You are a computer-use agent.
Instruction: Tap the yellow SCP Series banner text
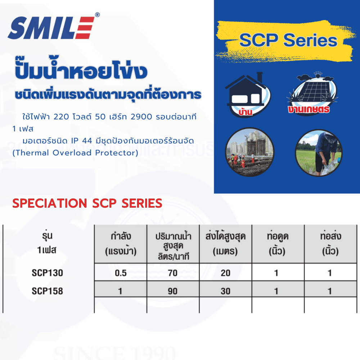288,40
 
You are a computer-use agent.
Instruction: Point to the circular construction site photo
249,152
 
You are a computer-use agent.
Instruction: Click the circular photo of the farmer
319,153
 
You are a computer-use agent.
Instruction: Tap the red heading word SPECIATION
50,203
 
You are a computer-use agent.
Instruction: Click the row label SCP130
47,273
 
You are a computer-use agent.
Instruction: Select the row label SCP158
47,291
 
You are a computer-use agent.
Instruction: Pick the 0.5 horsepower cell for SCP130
121,273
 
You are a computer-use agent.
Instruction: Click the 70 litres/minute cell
173,273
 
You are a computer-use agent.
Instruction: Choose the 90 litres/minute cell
173,291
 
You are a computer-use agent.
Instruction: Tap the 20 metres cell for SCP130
225,273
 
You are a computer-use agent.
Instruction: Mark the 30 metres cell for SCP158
225,291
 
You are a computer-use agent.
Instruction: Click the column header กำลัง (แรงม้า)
121,244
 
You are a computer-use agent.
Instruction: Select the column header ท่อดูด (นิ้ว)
278,244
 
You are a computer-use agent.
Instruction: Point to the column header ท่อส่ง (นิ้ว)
330,244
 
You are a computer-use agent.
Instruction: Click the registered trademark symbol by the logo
97,15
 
